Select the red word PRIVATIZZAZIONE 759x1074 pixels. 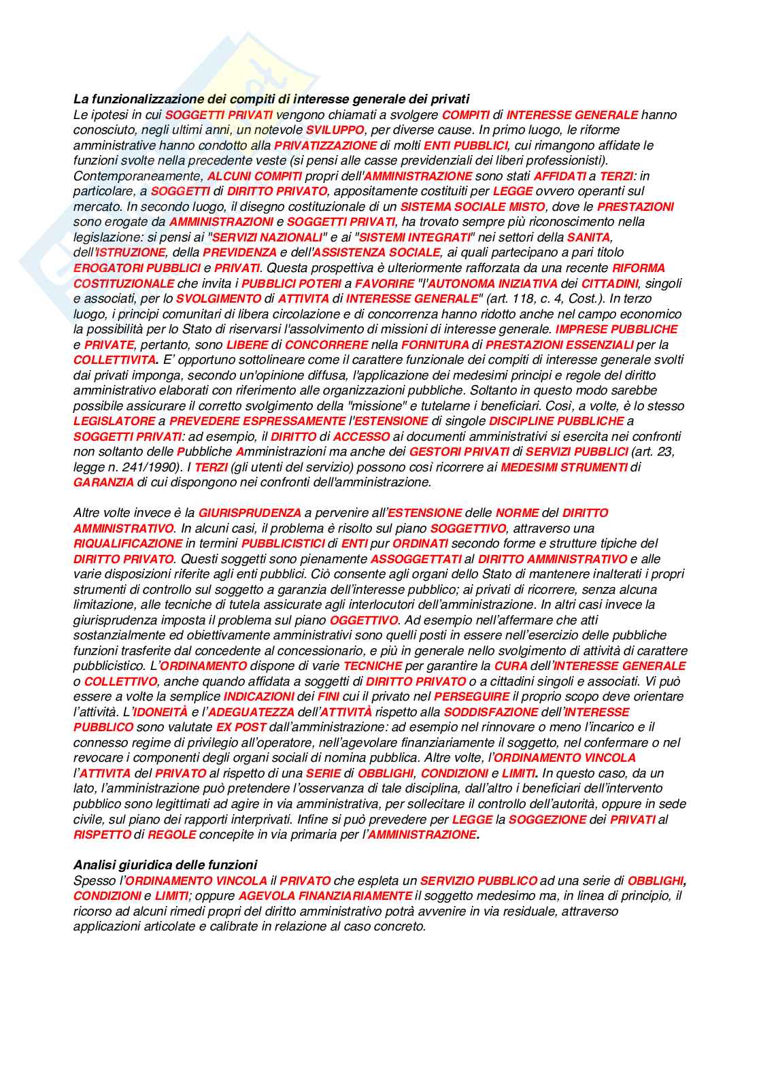click(x=326, y=146)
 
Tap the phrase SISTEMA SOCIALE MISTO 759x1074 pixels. click(x=472, y=207)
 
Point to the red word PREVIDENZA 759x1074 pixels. click(x=240, y=252)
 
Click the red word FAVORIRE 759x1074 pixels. click(x=384, y=283)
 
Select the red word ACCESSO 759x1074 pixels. click(x=361, y=437)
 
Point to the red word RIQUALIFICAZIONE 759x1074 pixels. click(x=128, y=543)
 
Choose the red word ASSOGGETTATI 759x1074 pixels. click(x=416, y=559)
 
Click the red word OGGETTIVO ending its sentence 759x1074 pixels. click(x=363, y=620)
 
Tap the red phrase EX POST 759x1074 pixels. click(x=241, y=727)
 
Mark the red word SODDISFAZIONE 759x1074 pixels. click(x=490, y=712)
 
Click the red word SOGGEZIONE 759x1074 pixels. click(x=547, y=820)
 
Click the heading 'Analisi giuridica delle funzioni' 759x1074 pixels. click(x=165, y=865)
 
